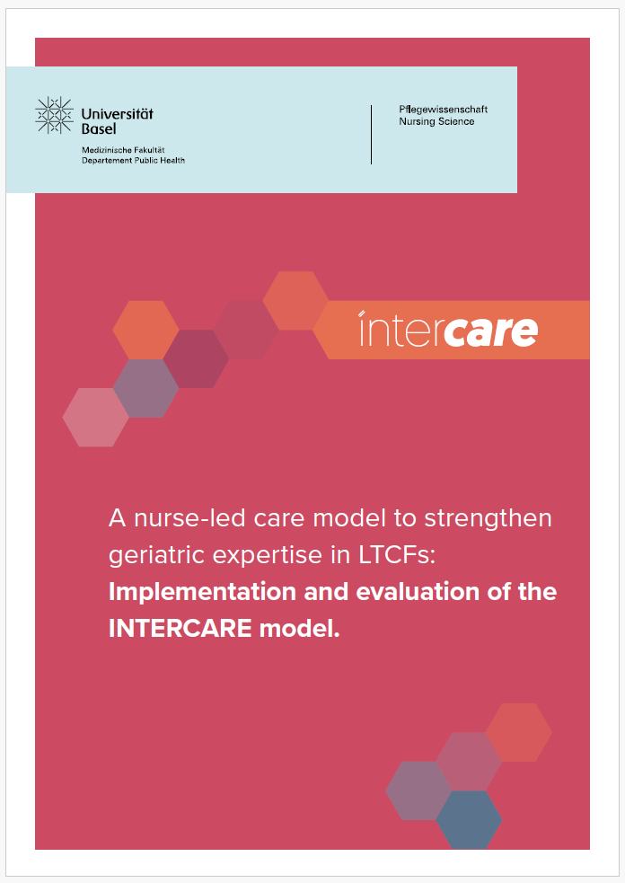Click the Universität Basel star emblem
click(x=54, y=116)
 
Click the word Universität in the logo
click(x=117, y=114)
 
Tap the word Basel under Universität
click(x=99, y=129)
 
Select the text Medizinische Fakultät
click(x=123, y=150)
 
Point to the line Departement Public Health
click(x=134, y=161)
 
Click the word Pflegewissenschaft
click(x=443, y=110)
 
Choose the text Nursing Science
click(x=436, y=121)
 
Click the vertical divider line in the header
click(x=371, y=135)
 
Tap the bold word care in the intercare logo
click(x=490, y=331)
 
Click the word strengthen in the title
click(x=488, y=519)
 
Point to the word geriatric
click(x=156, y=556)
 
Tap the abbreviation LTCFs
click(x=396, y=555)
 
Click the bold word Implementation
click(x=203, y=593)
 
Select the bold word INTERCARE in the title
click(x=180, y=629)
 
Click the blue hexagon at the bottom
click(x=469, y=819)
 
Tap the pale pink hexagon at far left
click(x=96, y=418)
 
